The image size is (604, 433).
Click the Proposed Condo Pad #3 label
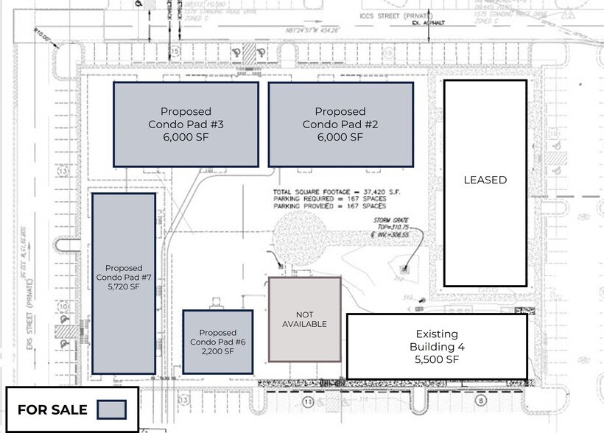(186, 118)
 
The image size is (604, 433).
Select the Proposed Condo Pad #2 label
(340, 118)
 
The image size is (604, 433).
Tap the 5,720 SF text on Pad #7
(124, 287)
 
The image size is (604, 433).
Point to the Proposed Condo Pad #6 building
(217, 342)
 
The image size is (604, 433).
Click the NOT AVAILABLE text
(305, 319)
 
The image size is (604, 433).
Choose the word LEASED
(485, 180)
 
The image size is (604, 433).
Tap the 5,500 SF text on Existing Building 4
(437, 359)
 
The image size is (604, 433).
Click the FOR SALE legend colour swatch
(112, 409)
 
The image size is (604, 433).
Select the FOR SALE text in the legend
(52, 409)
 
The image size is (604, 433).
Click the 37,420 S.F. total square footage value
(379, 190)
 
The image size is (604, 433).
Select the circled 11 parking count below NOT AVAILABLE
(308, 401)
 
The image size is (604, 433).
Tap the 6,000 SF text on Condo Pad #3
(186, 137)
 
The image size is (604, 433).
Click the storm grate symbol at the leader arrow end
(403, 270)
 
